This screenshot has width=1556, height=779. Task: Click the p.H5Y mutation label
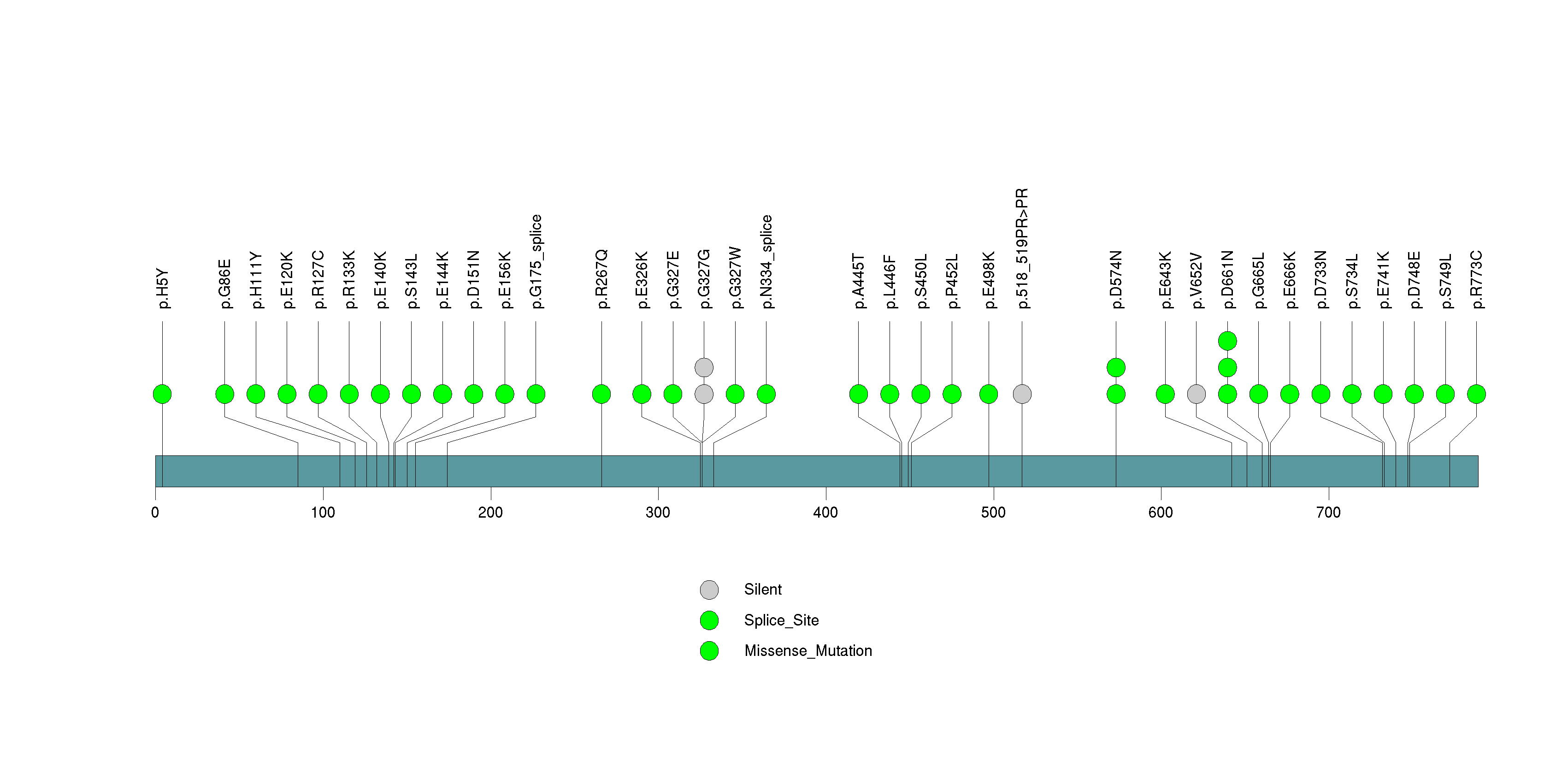pos(163,289)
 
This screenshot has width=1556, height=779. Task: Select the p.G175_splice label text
pos(536,261)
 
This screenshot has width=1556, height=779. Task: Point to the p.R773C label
pos(1476,280)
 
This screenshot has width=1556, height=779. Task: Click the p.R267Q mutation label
pos(601,280)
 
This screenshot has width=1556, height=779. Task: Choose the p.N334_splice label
pos(766,261)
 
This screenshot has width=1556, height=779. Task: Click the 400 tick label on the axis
pos(825,513)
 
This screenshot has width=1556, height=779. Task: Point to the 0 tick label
pos(155,513)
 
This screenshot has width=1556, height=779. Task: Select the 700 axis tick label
pos(1328,513)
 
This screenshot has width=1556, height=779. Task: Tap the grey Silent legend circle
pos(709,590)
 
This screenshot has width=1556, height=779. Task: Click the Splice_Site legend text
pos(781,620)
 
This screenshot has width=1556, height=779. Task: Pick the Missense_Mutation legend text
pos(807,651)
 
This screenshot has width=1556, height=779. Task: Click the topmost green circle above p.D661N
pos(1227,341)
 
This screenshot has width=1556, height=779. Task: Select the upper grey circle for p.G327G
pos(704,367)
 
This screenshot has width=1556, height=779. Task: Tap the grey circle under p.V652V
pos(1196,394)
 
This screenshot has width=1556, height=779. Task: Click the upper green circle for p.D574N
pos(1116,367)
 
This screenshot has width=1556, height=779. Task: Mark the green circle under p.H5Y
pos(163,394)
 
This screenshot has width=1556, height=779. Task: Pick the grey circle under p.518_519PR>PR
pos(1022,394)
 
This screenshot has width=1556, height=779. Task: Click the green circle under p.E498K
pos(989,394)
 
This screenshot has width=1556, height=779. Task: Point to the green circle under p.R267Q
pos(601,394)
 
